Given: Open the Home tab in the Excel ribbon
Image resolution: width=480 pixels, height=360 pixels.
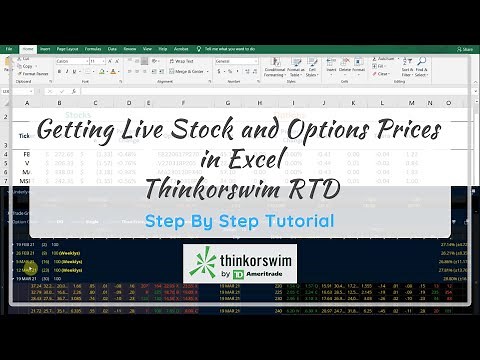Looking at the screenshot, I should [x=27, y=48].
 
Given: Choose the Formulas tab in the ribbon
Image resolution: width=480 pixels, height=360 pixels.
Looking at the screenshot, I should [x=93, y=48].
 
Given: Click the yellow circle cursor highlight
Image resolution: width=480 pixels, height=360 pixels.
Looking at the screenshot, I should [x=31, y=268].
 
